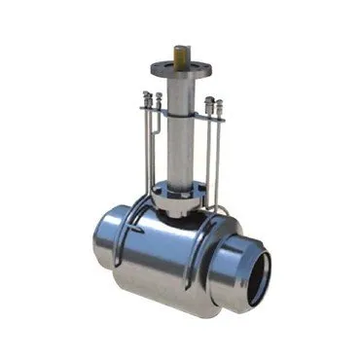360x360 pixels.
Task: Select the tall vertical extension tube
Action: (181, 136)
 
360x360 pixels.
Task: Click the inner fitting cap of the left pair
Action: (156, 100)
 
